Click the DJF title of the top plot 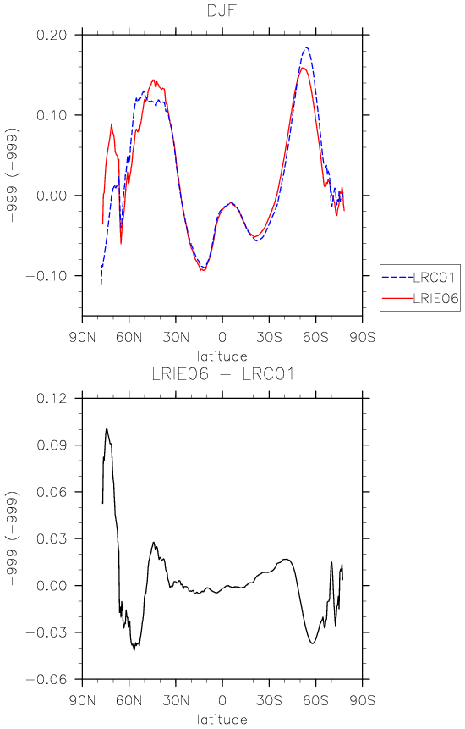[222, 11]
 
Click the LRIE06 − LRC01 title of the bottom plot [222, 374]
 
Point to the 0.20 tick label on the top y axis [51, 35]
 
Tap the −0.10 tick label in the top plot [46, 276]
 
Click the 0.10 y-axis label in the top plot [51, 115]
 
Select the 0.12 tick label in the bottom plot [51, 398]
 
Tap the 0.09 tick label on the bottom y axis [51, 445]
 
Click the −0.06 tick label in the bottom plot [46, 679]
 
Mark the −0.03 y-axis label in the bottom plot [46, 632]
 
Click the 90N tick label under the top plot [83, 337]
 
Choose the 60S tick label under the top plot [315, 337]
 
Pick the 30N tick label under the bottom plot [176, 700]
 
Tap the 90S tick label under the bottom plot [363, 700]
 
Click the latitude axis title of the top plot [222, 356]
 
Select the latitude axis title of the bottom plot [222, 719]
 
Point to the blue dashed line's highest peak [306, 47]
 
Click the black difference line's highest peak [107, 428]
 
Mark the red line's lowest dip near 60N [121, 243]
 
